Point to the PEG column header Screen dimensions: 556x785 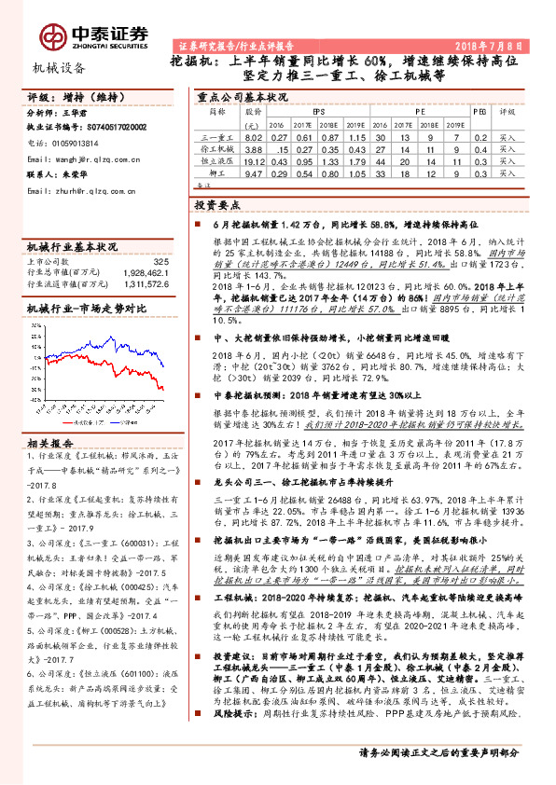(x=479, y=110)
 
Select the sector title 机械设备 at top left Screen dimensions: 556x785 (x=59, y=66)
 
